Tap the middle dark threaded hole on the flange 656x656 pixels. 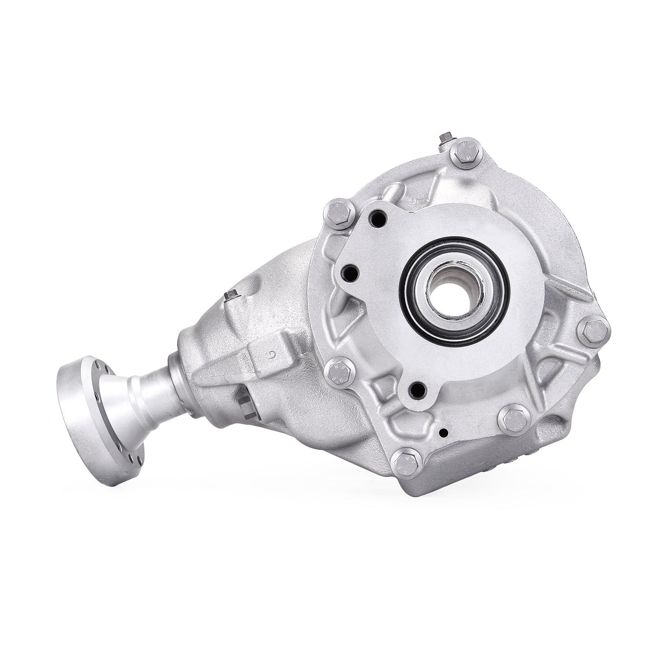pyautogui.click(x=350, y=273)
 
